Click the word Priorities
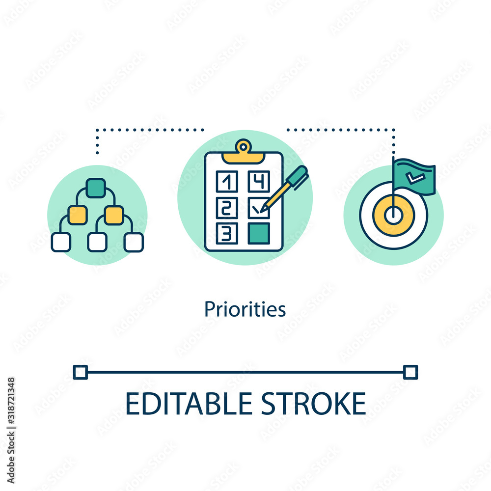pos(245,310)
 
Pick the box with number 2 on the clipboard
pos(227,208)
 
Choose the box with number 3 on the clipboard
pos(227,233)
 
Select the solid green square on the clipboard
pos(258,233)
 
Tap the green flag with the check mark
pos(415,177)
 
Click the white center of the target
pos(393,215)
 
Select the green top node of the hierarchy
pos(95,188)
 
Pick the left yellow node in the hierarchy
pos(78,215)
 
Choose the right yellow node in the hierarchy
pos(114,215)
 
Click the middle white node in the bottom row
pos(97,242)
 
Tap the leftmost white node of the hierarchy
pos(61,242)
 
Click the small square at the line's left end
pos(80,372)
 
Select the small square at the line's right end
pos(410,372)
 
